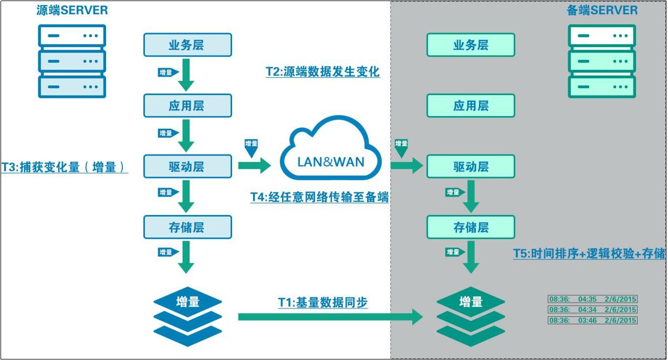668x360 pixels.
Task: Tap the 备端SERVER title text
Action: pyautogui.click(x=602, y=11)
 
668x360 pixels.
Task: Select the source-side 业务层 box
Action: pyautogui.click(x=187, y=45)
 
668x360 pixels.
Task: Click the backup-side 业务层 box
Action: pyautogui.click(x=471, y=45)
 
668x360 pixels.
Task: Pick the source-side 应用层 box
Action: pyautogui.click(x=187, y=106)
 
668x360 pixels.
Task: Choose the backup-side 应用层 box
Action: pyautogui.click(x=471, y=106)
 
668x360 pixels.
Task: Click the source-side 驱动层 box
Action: pyautogui.click(x=187, y=167)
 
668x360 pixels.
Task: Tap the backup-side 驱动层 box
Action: pyautogui.click(x=471, y=167)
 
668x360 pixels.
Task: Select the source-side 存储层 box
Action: pyautogui.click(x=187, y=227)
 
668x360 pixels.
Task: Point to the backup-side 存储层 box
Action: pyautogui.click(x=471, y=227)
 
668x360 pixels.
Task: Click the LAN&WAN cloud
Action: pyautogui.click(x=330, y=152)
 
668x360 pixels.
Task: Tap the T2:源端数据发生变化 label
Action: pyautogui.click(x=322, y=72)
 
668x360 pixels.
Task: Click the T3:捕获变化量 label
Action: pyautogui.click(x=64, y=167)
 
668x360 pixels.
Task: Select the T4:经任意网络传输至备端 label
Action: pyautogui.click(x=319, y=197)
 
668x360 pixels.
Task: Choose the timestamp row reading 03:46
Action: pyautogui.click(x=592, y=320)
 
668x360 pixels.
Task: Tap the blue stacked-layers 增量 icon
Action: pyautogui.click(x=187, y=315)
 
